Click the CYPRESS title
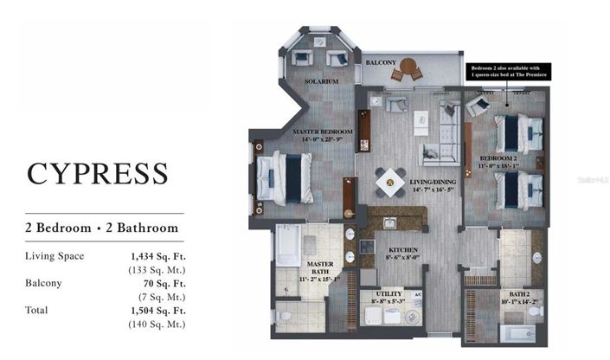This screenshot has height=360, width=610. pyautogui.click(x=97, y=171)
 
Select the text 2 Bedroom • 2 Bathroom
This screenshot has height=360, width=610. pyautogui.click(x=102, y=228)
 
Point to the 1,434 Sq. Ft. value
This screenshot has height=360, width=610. pyautogui.click(x=157, y=256)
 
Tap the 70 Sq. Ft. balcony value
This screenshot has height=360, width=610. pyautogui.click(x=164, y=283)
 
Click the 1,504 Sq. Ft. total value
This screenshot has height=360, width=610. pyautogui.click(x=157, y=310)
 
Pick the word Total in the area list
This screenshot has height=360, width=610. pyautogui.click(x=37, y=310)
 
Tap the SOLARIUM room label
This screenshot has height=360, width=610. pyautogui.click(x=319, y=81)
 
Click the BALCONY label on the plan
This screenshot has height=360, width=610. pyautogui.click(x=380, y=63)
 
